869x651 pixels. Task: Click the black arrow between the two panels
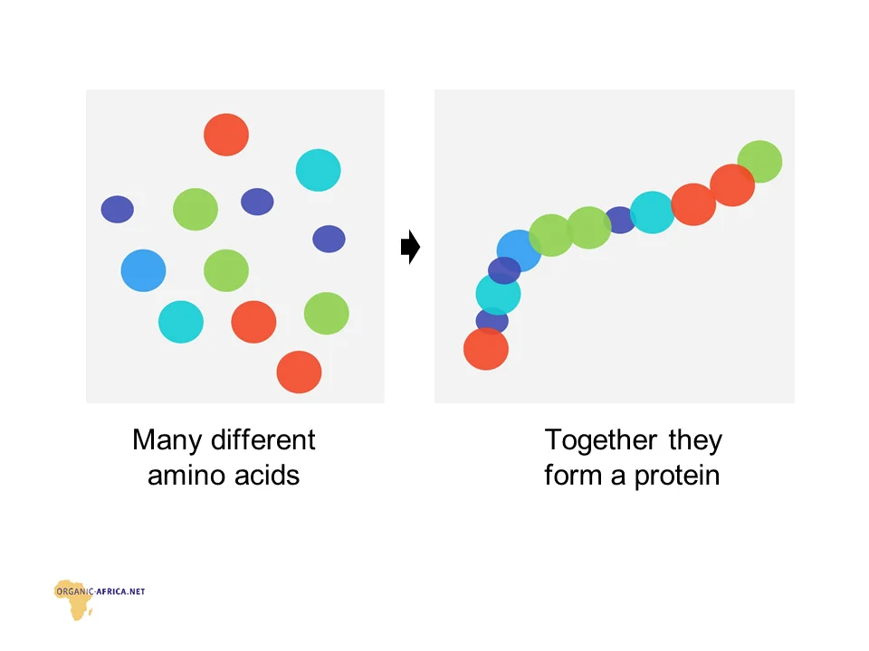click(x=410, y=247)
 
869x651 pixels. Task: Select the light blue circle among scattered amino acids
click(x=144, y=270)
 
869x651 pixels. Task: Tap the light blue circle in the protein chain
click(x=519, y=250)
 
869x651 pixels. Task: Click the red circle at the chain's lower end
click(x=486, y=349)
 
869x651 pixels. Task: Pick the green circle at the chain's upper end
click(x=759, y=162)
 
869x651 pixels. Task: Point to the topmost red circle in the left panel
click(x=226, y=135)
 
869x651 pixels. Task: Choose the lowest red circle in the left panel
click(x=300, y=372)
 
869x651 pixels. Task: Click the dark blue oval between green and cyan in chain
click(x=620, y=221)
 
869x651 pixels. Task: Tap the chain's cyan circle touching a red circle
click(x=653, y=212)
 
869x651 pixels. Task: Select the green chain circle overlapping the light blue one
click(x=551, y=235)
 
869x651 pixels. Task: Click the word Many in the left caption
click(x=167, y=441)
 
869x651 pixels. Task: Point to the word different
click(x=263, y=440)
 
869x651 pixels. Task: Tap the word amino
click(x=185, y=476)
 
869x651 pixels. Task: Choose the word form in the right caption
click(x=573, y=475)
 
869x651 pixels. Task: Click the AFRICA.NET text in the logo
click(x=121, y=591)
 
